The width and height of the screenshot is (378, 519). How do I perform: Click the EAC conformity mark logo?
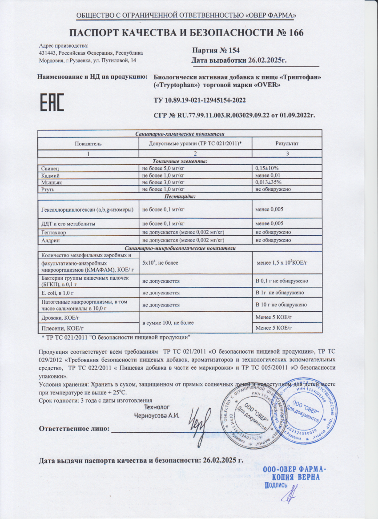click(52, 102)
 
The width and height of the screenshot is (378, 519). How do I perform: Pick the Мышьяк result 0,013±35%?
click(269, 182)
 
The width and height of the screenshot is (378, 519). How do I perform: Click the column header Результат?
click(287, 143)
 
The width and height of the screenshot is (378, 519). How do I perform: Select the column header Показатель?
click(88, 143)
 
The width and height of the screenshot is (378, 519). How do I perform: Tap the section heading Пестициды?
click(180, 196)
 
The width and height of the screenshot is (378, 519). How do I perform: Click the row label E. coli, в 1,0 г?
click(62, 292)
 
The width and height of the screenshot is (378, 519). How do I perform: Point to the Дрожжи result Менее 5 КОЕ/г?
click(273, 317)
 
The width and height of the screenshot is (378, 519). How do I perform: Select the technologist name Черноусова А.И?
click(157, 416)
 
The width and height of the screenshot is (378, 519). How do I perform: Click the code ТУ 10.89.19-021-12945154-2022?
click(199, 101)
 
